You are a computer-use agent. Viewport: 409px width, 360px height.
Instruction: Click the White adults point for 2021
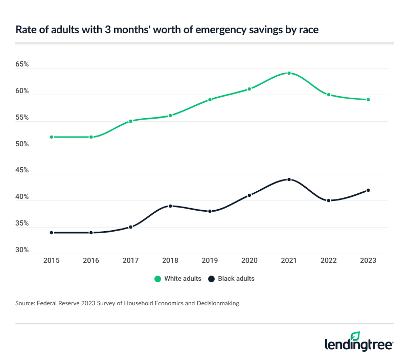click(289, 73)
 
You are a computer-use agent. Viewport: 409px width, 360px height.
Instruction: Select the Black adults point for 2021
click(289, 179)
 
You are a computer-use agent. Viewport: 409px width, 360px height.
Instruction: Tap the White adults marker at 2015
click(51, 137)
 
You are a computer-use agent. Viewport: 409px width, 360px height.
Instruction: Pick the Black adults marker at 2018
click(170, 206)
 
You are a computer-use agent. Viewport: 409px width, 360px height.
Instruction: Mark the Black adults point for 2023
click(368, 190)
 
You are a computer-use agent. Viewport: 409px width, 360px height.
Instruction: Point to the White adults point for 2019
click(210, 100)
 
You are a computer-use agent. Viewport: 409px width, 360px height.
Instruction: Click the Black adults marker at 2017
click(130, 227)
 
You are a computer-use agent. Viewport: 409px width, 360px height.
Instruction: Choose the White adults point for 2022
click(329, 95)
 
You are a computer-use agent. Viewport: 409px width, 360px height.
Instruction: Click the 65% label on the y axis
click(22, 65)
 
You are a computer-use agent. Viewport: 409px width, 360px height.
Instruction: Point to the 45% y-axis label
click(22, 170)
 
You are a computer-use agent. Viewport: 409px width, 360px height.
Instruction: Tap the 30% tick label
click(22, 250)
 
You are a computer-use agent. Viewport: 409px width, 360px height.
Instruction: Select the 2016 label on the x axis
click(91, 260)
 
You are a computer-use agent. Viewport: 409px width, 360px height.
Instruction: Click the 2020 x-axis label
click(249, 260)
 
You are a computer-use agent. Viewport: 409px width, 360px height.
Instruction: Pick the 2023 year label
click(368, 260)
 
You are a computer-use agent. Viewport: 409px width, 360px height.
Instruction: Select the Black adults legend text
click(236, 279)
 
